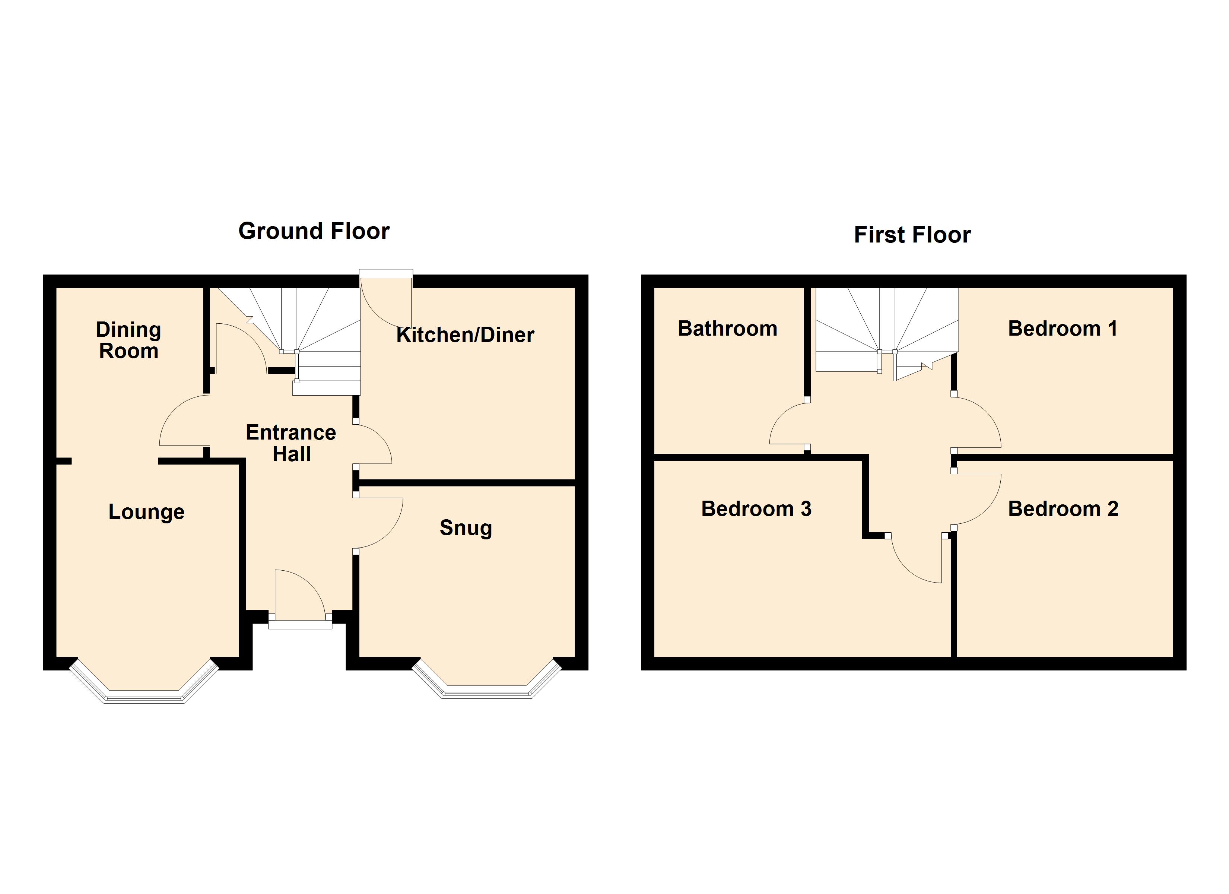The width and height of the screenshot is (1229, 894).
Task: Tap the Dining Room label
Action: pos(128,340)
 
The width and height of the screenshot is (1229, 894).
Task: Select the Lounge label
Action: pos(146,512)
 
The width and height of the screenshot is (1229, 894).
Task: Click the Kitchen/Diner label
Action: pos(465,335)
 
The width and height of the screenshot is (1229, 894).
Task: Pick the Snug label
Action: pos(466,528)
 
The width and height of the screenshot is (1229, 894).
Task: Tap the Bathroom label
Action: pos(727,329)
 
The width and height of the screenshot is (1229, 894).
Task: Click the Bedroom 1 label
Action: pos(1062,329)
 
